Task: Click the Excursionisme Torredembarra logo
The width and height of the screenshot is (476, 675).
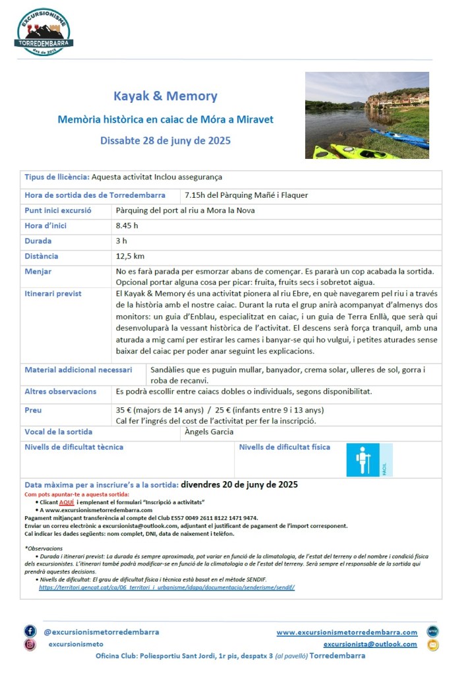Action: tap(44, 32)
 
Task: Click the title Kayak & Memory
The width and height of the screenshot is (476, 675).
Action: tap(165, 96)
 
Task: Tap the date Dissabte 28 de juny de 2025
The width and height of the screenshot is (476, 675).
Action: tap(165, 140)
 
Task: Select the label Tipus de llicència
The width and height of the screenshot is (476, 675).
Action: tap(57, 177)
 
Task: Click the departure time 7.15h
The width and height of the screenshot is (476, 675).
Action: tap(196, 195)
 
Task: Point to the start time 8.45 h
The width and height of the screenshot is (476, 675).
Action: tap(127, 226)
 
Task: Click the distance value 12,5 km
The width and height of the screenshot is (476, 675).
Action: tap(130, 256)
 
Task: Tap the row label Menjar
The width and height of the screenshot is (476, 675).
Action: tap(38, 272)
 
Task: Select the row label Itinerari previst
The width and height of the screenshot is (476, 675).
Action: tap(53, 293)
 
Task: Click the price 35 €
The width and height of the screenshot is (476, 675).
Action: tap(125, 410)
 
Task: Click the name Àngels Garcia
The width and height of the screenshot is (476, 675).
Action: tap(209, 432)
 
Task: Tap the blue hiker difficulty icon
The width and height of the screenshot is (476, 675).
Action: tap(363, 460)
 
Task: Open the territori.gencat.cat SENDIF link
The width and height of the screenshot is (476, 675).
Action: tap(166, 587)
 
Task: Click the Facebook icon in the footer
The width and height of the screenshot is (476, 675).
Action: tap(30, 631)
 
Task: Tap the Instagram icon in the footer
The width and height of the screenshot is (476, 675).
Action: tap(30, 645)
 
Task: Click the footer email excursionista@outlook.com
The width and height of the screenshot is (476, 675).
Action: tap(370, 644)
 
